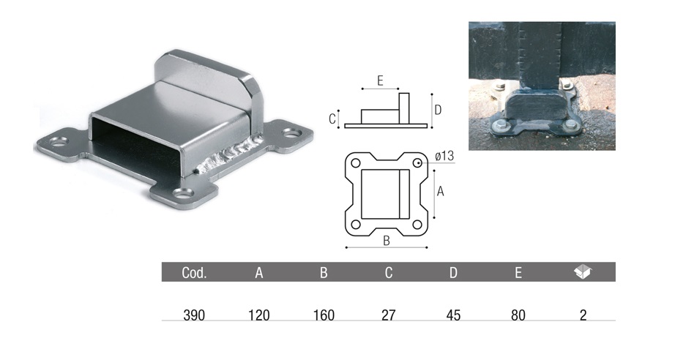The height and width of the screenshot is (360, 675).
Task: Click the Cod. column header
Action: pos(194,273)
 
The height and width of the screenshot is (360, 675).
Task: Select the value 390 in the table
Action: pos(194,315)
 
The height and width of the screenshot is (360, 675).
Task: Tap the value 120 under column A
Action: pos(258,315)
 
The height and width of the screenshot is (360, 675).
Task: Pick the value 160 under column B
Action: pos(323,315)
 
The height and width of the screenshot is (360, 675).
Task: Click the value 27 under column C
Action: pos(389,315)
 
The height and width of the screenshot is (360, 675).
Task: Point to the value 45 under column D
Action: pos(453,315)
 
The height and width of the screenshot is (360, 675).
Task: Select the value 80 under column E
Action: pos(518,315)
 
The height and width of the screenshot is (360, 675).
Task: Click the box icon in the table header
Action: pos(583,272)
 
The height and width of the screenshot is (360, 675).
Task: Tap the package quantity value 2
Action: pos(583,315)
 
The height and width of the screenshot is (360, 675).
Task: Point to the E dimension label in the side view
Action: pos(380,81)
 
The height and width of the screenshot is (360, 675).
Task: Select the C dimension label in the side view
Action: pos(332,119)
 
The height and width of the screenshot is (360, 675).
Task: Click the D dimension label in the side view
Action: pos(438,110)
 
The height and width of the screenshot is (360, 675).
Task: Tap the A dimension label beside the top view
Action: pos(440,192)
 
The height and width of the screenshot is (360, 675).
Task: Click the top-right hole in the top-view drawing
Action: pos(417,162)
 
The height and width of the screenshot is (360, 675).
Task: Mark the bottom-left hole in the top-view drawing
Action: pos(355,225)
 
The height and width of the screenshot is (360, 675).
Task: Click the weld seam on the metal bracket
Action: pos(227,156)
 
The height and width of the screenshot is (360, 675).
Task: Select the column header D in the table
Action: pos(453,273)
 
